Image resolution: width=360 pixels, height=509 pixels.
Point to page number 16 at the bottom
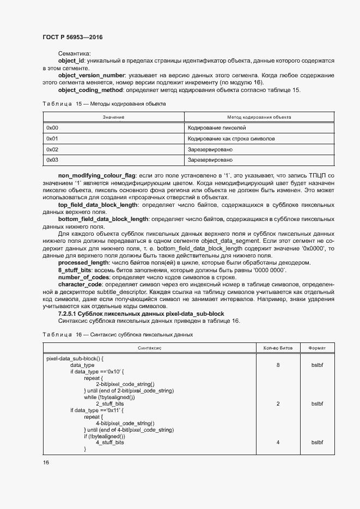coord(46,462)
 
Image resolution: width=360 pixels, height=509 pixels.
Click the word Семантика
coord(74,54)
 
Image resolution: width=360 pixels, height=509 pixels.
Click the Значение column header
coord(113,117)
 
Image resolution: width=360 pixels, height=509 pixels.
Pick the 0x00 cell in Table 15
coord(52,128)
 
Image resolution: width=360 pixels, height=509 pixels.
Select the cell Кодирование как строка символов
coord(231,139)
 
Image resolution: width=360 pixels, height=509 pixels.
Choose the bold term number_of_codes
coord(83,277)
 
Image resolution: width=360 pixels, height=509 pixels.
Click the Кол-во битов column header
coord(278,347)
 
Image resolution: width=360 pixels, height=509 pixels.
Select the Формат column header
coord(317,347)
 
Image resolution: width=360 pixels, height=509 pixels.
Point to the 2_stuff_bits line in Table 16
coord(110,404)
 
